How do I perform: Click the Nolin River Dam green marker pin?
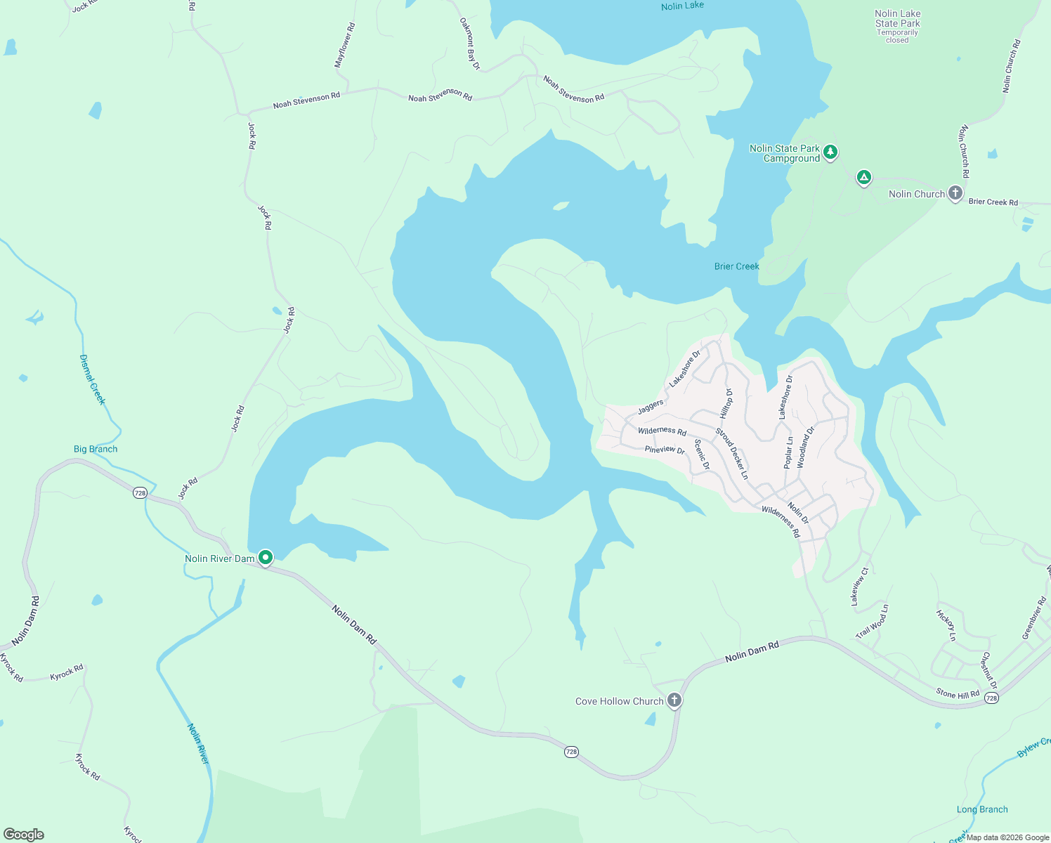[x=266, y=558]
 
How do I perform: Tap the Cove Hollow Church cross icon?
[x=674, y=700]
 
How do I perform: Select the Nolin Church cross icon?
[x=955, y=192]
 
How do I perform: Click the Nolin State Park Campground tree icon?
[x=830, y=152]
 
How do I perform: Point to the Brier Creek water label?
[x=736, y=266]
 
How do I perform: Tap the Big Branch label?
[x=96, y=449]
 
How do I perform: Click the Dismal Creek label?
[x=92, y=379]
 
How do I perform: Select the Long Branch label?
[x=982, y=809]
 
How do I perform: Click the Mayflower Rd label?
[x=344, y=45]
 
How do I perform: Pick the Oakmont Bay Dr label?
[x=469, y=44]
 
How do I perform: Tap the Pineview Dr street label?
[x=665, y=450]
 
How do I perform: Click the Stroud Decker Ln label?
[x=731, y=454]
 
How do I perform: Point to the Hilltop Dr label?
[x=726, y=403]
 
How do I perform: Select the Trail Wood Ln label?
[x=873, y=622]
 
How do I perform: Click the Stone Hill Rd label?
[x=958, y=693]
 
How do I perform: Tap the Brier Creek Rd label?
[x=993, y=202]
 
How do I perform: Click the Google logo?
[x=24, y=835]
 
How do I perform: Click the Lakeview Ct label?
[x=859, y=587]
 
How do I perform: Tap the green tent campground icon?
[x=864, y=177]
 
